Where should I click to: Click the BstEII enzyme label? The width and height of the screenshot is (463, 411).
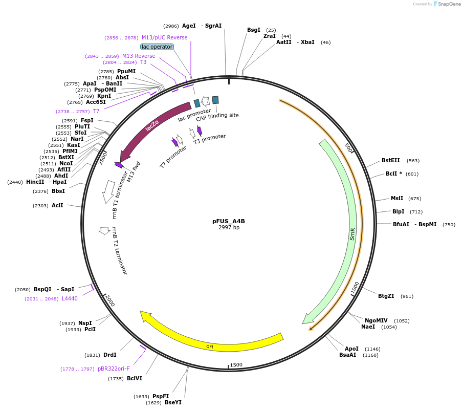tap(391, 160)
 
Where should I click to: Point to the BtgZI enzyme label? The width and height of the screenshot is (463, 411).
tap(386, 296)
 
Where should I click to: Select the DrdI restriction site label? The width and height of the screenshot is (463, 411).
tap(110, 355)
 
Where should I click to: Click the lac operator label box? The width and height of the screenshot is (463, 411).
tap(157, 47)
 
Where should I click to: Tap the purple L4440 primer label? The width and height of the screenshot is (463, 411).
tap(70, 298)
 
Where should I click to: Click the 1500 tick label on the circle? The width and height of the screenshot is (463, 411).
tap(236, 365)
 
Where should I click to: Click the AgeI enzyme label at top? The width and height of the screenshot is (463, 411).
tap(189, 26)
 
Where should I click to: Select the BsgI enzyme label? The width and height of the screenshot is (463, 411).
tap(254, 30)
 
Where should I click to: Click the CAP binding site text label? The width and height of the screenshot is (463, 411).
tap(217, 116)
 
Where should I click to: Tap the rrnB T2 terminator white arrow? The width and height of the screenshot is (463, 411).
tap(105, 231)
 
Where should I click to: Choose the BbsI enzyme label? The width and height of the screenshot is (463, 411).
tap(58, 191)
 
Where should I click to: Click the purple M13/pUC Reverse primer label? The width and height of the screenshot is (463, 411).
tap(164, 37)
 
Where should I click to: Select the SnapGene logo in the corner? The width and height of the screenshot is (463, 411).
tap(447, 4)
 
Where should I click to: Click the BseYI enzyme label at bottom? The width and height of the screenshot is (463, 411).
tap(173, 402)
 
